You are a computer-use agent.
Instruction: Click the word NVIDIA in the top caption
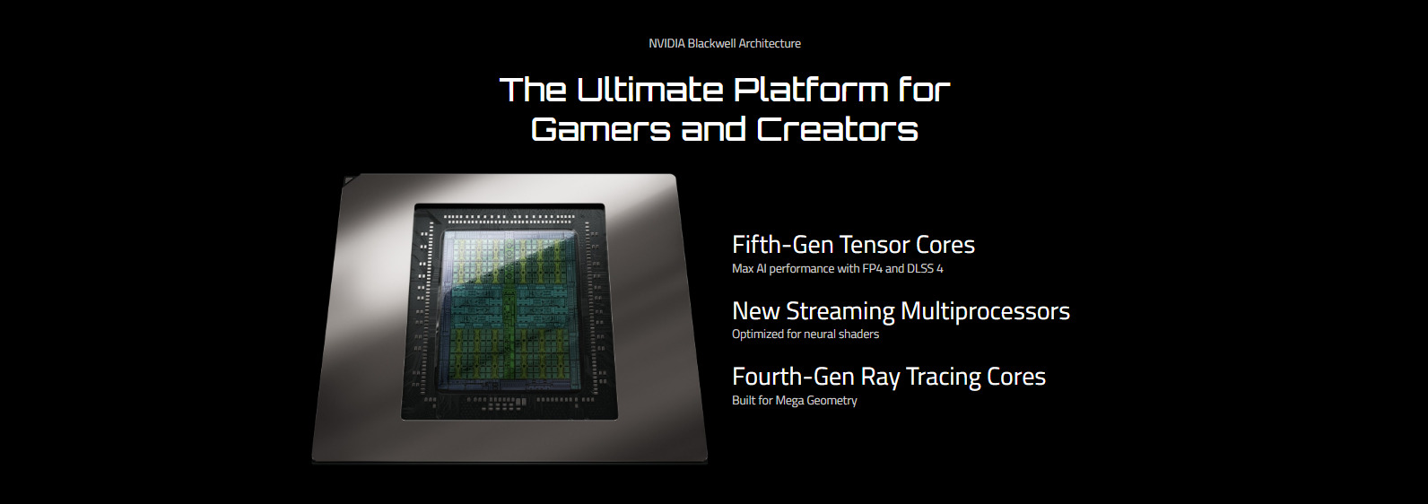(666, 43)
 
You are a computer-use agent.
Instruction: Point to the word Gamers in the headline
(600, 129)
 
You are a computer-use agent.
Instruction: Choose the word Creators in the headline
(837, 129)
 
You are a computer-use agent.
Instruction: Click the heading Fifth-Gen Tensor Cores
(853, 245)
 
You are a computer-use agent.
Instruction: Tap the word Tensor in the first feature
(874, 245)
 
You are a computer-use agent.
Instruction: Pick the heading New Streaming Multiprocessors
(901, 311)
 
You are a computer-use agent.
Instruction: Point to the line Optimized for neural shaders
(805, 335)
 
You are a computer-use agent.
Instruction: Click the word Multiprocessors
(985, 311)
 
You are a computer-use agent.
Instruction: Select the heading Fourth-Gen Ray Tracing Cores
(889, 377)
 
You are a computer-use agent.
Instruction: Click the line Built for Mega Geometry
(795, 401)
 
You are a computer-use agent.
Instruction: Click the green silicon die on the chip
(510, 310)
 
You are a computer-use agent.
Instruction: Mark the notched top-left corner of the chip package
(344, 178)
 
